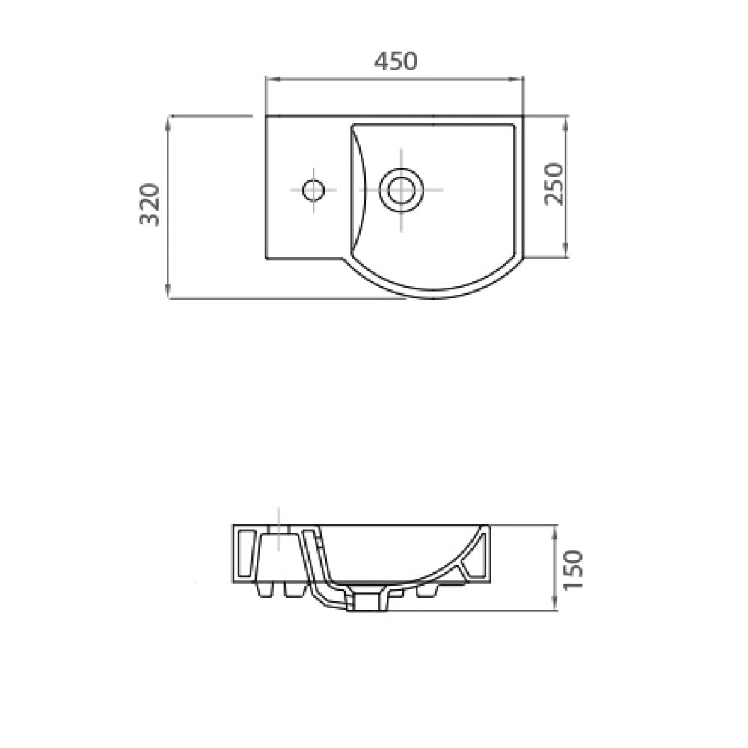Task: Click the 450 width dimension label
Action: coord(396,61)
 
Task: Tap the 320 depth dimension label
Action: coord(150,203)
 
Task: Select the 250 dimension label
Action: coord(554,184)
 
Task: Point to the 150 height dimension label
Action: coord(573,569)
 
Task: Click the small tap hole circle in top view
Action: coord(313,190)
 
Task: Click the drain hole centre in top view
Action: coord(401,190)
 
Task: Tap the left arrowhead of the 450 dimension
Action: coord(270,80)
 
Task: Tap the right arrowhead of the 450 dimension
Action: coord(519,80)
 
